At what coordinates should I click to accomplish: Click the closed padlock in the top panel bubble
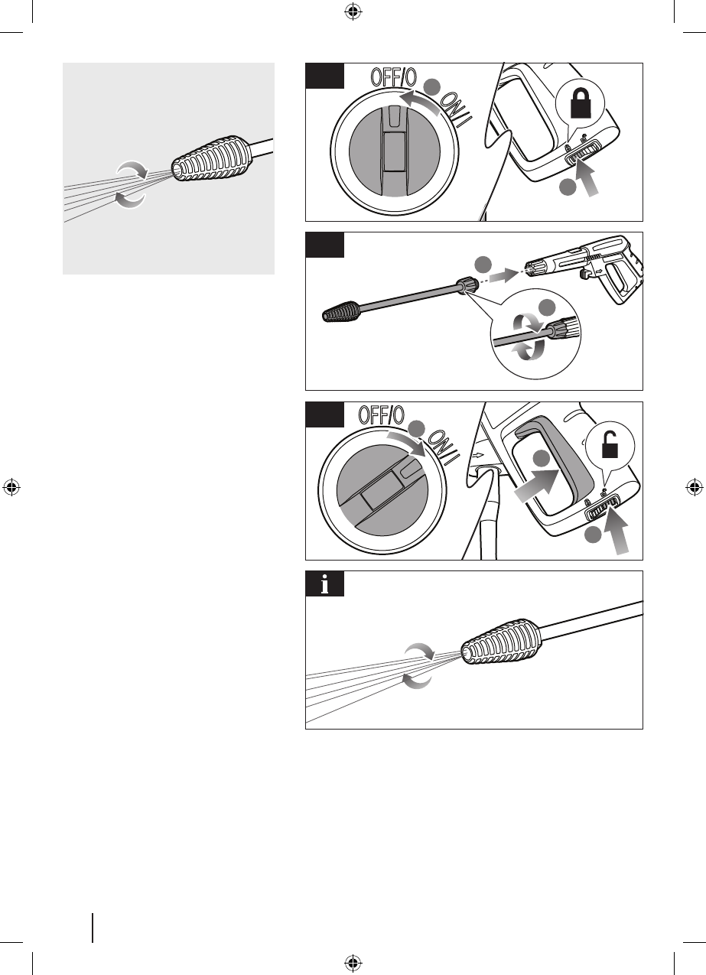click(581, 102)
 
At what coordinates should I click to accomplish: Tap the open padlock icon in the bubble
click(610, 444)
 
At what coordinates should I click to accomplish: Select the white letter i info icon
click(325, 584)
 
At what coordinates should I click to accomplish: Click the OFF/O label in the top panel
click(394, 77)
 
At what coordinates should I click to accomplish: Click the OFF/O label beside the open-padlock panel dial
click(382, 414)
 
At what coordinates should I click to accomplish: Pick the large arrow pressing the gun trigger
click(537, 486)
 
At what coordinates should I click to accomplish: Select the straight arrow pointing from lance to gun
click(504, 275)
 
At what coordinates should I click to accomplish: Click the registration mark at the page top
click(353, 11)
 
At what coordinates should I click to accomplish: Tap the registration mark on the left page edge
click(11, 487)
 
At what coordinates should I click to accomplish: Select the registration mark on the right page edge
click(695, 487)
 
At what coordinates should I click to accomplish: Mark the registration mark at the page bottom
click(353, 963)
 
